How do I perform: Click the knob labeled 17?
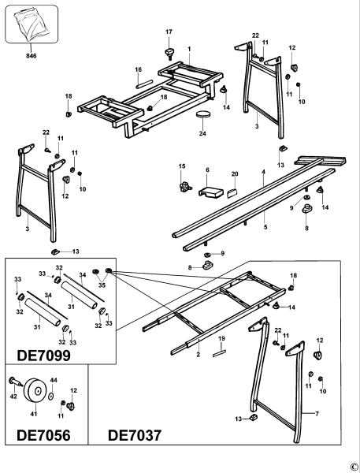point(168,52)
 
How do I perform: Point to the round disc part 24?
point(205,114)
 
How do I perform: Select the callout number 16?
point(138,70)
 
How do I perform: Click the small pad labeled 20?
point(234,190)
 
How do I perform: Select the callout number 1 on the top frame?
point(189,49)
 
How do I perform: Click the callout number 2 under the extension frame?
point(199,356)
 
